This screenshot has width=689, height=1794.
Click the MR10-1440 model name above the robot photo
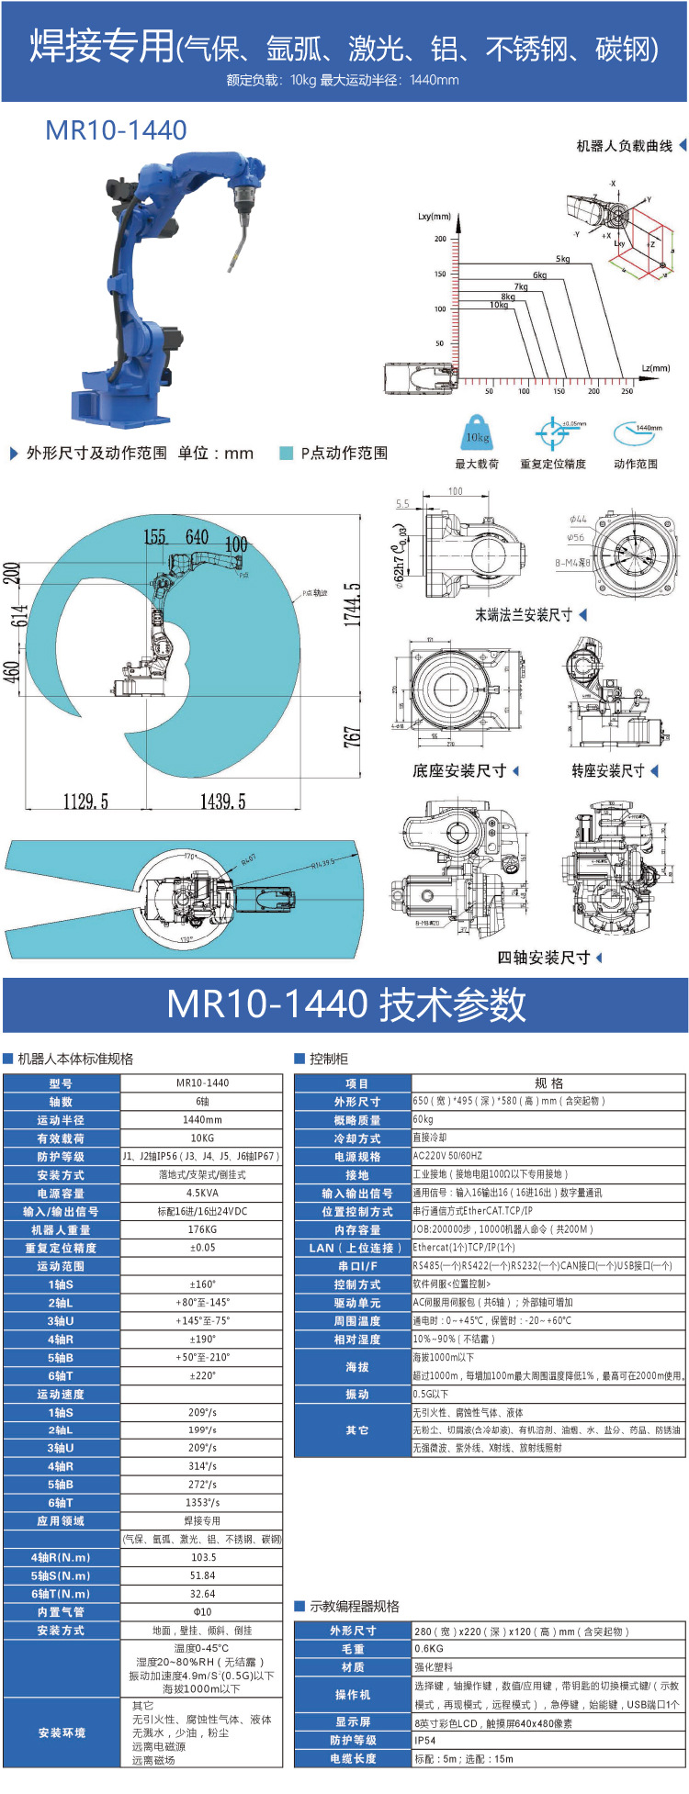coord(116,130)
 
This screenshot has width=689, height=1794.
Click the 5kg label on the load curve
coord(562,259)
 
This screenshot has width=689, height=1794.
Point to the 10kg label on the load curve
coord(498,305)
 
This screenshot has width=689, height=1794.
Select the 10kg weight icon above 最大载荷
coord(477,434)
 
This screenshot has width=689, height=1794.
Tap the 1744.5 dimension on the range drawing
coord(352,604)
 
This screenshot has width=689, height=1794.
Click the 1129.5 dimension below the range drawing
coord(85,802)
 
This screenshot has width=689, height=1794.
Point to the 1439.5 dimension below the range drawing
coord(223,802)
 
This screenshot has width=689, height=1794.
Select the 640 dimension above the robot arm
coord(197,537)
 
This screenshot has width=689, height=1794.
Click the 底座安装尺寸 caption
coord(458,771)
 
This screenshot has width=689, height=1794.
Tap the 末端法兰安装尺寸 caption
coord(523,615)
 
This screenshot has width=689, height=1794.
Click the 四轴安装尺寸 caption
coord(543,958)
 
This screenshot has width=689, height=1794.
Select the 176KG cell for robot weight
coord(202,1229)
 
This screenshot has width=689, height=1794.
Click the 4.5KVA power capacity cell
coord(202,1193)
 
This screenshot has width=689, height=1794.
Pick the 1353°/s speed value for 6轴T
coord(202,1503)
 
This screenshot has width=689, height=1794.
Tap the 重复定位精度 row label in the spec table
coord(61,1248)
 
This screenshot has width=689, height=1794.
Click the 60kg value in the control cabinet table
coord(424,1119)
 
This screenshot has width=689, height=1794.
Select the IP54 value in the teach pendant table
coord(424,1740)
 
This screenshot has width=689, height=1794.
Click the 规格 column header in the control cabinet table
coord(548,1082)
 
